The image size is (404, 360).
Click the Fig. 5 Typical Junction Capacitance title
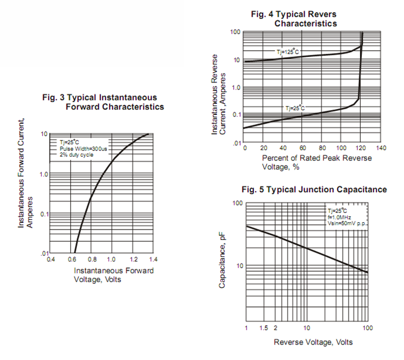pos(314,190)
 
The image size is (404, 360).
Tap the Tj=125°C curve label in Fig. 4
pos(287,52)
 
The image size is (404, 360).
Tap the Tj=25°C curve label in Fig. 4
pos(294,108)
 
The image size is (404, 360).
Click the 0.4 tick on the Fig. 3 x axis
pos(51,260)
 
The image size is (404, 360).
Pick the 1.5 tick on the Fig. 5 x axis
pos(263,328)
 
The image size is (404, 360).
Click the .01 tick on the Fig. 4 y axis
pos(235,142)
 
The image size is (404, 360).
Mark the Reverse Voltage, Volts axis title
pos(312,342)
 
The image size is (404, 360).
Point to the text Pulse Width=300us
pos(83,148)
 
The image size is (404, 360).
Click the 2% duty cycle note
pos(77,155)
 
